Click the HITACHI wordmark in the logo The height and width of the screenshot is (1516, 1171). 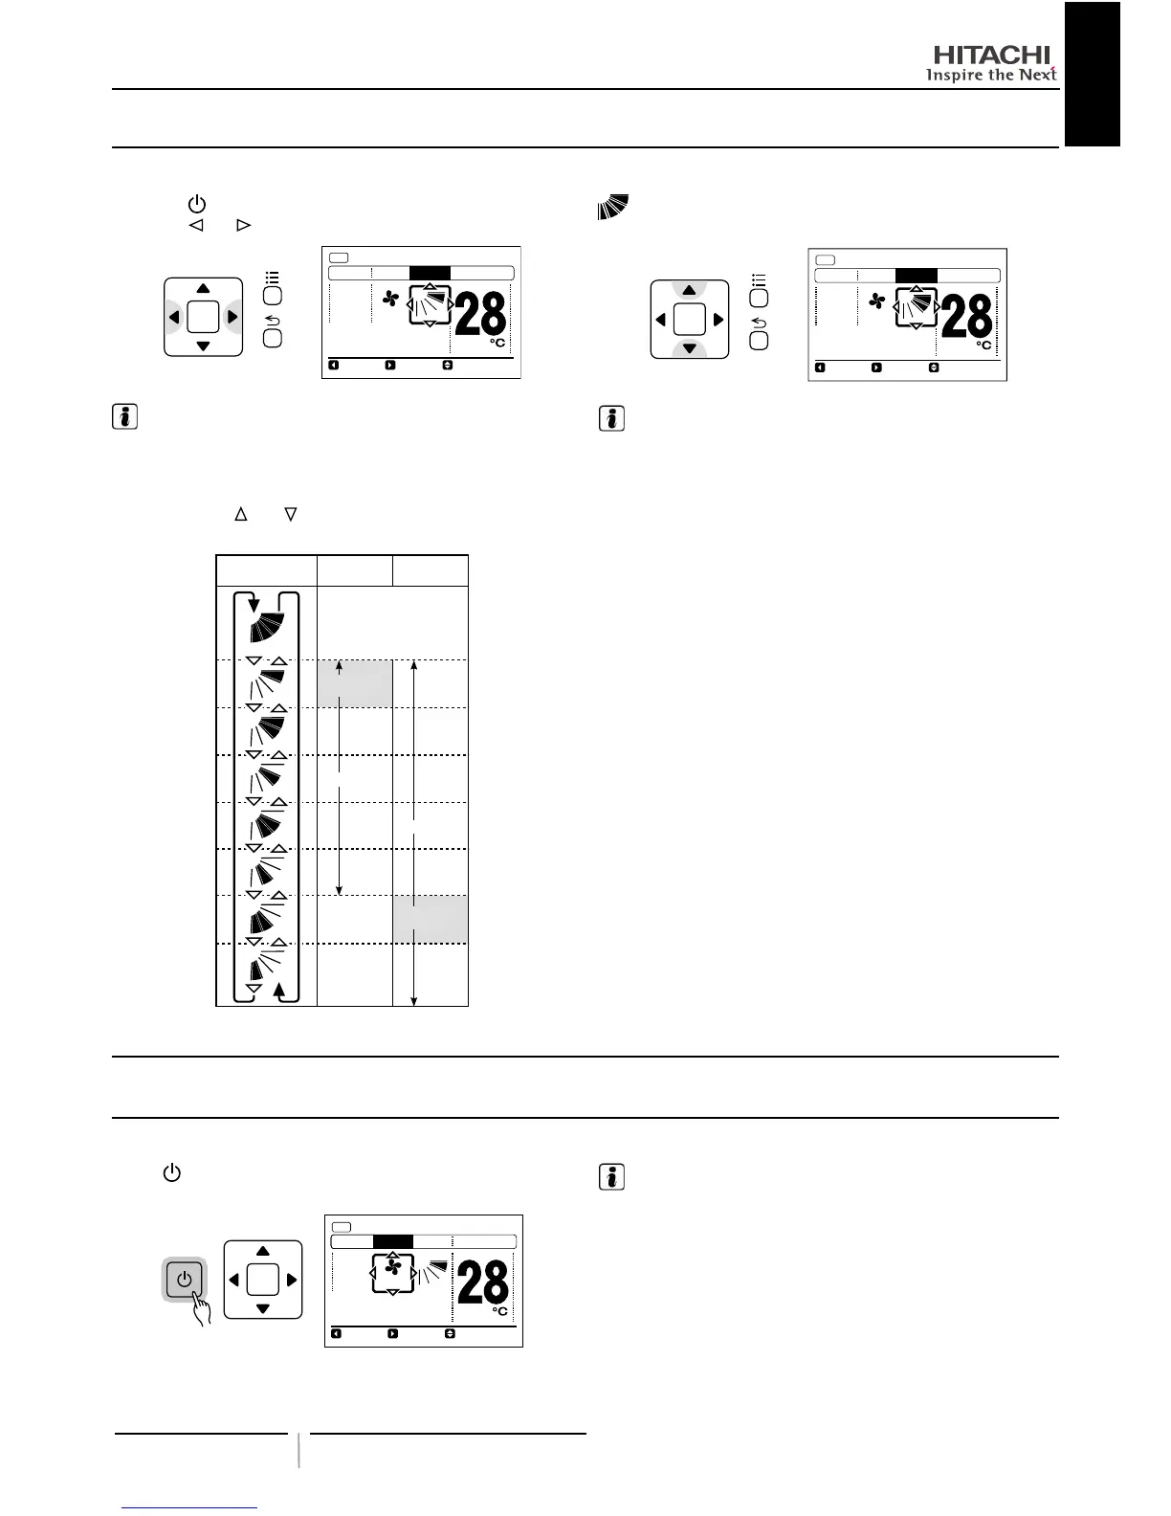click(991, 56)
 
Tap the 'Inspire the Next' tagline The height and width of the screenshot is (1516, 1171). click(991, 76)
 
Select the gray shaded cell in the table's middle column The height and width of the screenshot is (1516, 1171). click(354, 683)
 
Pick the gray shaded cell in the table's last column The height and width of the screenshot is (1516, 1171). click(431, 920)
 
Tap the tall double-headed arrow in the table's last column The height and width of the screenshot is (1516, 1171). click(413, 833)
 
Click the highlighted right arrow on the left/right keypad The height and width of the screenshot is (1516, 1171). click(232, 317)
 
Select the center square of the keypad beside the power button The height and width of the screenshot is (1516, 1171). click(263, 1280)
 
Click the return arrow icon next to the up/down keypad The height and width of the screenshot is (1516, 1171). click(759, 323)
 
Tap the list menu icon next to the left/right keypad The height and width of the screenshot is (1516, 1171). click(273, 278)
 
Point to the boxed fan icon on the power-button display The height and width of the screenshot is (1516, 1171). click(392, 1268)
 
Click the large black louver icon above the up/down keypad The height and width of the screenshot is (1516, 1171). click(613, 207)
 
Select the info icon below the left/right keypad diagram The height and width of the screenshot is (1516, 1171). click(124, 417)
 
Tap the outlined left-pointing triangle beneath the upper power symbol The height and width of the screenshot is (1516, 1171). click(196, 226)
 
